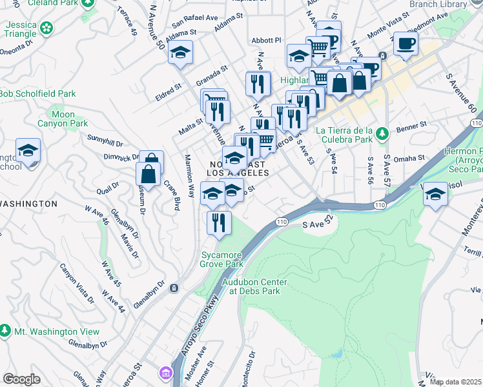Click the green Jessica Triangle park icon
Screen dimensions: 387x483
tap(46, 28)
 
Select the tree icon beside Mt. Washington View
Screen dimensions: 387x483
tap(5, 331)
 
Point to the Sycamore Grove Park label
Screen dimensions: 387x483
tap(222, 259)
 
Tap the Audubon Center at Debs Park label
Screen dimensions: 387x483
tap(254, 286)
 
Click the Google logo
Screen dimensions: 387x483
tap(21, 379)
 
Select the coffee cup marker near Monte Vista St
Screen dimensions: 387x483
tap(406, 44)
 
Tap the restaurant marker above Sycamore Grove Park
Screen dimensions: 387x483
tap(219, 223)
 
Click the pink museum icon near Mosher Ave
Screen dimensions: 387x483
tap(166, 372)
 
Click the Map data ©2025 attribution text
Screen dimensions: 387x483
tap(455, 382)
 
